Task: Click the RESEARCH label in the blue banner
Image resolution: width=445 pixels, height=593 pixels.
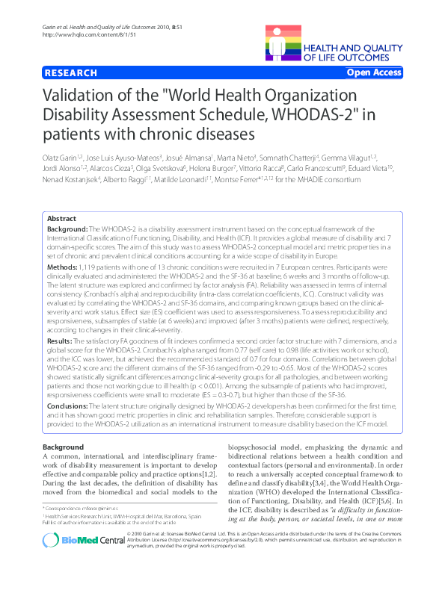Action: tap(71, 73)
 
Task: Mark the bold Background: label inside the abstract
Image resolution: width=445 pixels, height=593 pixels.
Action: tap(67, 227)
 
